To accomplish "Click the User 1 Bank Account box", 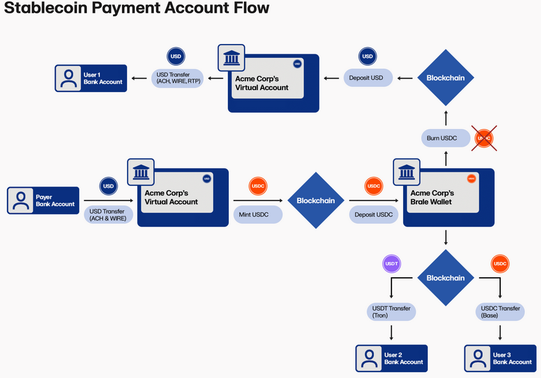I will tap(89, 79).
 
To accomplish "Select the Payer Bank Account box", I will tap(43, 200).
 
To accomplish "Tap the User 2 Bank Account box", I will tap(391, 358).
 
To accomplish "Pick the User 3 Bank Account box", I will tap(499, 358).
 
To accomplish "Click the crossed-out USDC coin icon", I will tap(484, 139).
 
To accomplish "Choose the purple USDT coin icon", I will tap(392, 264).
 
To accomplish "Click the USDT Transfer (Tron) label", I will tap(390, 312).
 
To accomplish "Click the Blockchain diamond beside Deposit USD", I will tap(445, 78).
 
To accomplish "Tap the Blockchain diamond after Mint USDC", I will tap(316, 200).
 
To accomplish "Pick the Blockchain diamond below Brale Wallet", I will tap(445, 278).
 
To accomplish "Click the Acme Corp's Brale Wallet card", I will tap(448, 197).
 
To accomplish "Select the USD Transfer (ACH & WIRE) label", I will tap(108, 215).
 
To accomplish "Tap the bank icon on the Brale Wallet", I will tap(406, 172).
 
